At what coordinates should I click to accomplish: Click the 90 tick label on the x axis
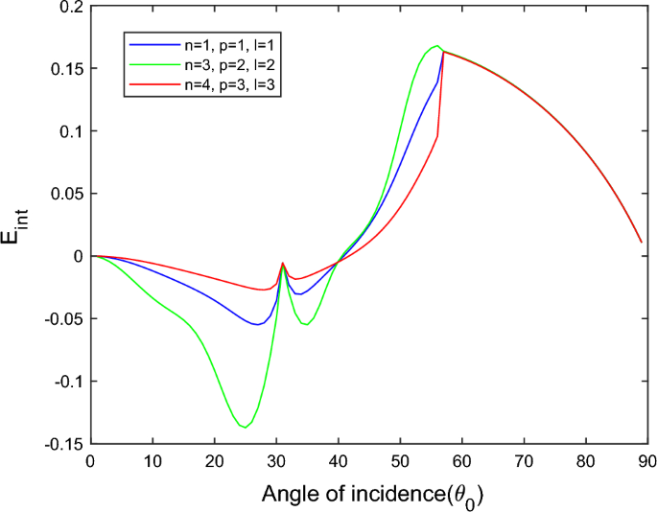646,461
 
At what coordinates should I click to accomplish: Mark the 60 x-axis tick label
461,461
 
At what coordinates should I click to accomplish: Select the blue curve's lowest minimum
257,324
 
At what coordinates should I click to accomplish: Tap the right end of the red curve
641,243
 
